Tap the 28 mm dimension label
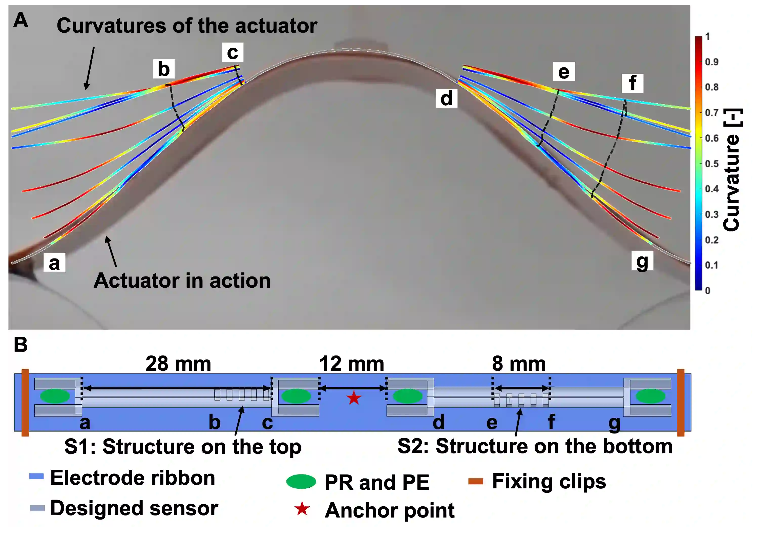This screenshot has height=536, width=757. pyautogui.click(x=178, y=364)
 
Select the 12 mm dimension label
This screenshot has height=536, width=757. pyautogui.click(x=352, y=364)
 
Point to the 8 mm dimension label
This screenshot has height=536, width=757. pyautogui.click(x=519, y=364)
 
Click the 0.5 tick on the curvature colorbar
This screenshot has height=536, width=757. pyautogui.click(x=711, y=164)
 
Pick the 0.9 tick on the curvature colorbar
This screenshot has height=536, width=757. pyautogui.click(x=711, y=62)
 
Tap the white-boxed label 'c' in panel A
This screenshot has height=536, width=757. pyautogui.click(x=233, y=52)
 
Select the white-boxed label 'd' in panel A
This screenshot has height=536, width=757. pyautogui.click(x=446, y=98)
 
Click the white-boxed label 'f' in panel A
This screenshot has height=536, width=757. pyautogui.click(x=632, y=83)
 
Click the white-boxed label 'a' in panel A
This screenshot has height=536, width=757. pyautogui.click(x=54, y=263)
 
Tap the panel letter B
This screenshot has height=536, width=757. pyautogui.click(x=20, y=345)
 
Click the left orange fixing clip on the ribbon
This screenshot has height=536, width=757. pyautogui.click(x=25, y=402)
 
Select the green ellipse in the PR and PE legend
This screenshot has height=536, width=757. pyautogui.click(x=301, y=482)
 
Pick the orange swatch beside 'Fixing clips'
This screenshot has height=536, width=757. pyautogui.click(x=476, y=482)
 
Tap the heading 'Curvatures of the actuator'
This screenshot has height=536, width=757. pyautogui.click(x=187, y=26)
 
